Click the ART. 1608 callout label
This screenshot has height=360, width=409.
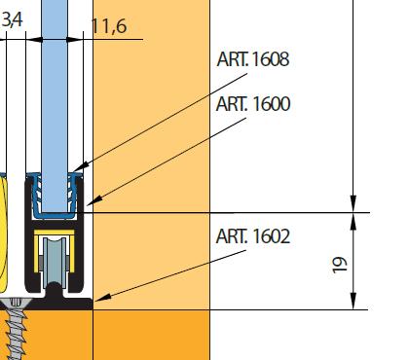coord(253,59)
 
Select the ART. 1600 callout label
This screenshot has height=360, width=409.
coord(253,104)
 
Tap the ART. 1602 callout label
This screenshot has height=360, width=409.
coord(253,236)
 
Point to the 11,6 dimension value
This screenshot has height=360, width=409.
coord(109,26)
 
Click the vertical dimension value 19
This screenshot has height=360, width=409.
coord(340,265)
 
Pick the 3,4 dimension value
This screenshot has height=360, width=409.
coord(13,20)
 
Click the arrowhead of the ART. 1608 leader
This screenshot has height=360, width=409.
coord(80,167)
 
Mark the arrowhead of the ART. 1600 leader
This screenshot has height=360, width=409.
coord(93,201)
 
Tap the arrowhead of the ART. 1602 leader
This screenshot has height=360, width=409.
coord(102,298)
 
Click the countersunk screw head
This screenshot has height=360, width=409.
coord(16,303)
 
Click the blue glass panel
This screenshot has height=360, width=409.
coord(55,105)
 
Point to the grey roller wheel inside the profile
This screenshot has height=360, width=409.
coord(55,263)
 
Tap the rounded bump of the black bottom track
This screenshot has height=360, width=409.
coord(55,290)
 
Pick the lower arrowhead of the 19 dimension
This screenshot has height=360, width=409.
coord(353,301)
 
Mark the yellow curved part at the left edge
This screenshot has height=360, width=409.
coord(3,234)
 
